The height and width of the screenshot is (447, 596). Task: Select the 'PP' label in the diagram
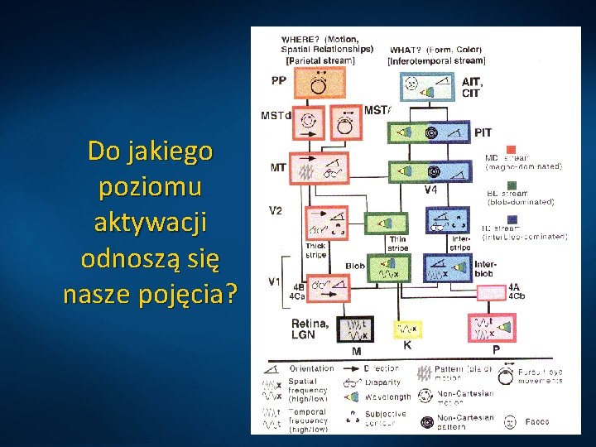(x=278, y=80)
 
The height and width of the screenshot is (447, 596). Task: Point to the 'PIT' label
(x=483, y=132)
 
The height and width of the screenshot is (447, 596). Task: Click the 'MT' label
(x=278, y=167)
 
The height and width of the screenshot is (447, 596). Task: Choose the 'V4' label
(x=431, y=190)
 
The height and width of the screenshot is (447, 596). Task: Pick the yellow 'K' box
(x=407, y=329)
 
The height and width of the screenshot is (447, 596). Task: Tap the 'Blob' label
(x=355, y=266)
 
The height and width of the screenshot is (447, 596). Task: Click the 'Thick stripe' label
(x=315, y=250)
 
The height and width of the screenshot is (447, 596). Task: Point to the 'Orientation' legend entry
(x=312, y=368)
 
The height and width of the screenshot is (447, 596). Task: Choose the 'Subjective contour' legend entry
(x=386, y=418)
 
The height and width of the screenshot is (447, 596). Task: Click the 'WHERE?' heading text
(x=301, y=39)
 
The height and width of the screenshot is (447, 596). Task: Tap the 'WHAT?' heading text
(x=406, y=49)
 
